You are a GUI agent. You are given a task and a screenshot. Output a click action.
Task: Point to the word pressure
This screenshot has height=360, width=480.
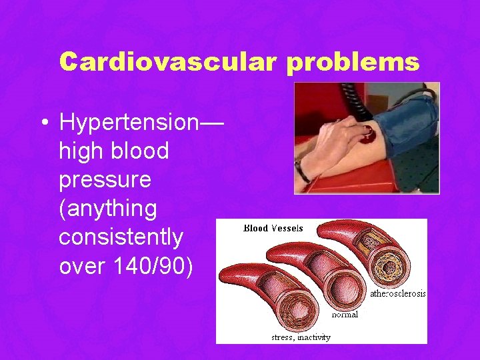pos(105,180)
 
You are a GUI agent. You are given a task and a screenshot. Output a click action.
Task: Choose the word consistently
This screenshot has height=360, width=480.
pos(121,237)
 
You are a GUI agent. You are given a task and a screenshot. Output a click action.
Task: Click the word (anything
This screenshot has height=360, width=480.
pos(107,209)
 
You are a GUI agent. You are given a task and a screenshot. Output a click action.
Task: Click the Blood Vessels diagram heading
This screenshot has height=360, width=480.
pos(273,228)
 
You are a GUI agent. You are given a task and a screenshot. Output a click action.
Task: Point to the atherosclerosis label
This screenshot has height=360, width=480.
pos(397,293)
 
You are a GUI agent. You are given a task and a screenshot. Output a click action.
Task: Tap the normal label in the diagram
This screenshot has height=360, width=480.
pos(345,314)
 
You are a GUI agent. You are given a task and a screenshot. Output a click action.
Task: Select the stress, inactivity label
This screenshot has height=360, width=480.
pos(301,337)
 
